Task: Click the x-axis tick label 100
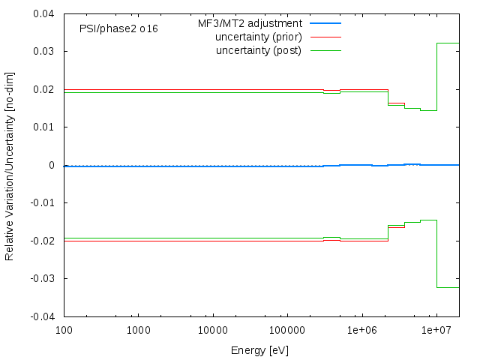(64, 330)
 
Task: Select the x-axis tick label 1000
(138, 330)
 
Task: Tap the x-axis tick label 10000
(212, 330)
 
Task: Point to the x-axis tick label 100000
(287, 330)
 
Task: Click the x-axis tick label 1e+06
(361, 330)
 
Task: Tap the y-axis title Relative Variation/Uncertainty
(10, 165)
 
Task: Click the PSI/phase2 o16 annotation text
(118, 28)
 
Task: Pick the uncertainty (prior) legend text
(258, 37)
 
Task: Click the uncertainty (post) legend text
(258, 50)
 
